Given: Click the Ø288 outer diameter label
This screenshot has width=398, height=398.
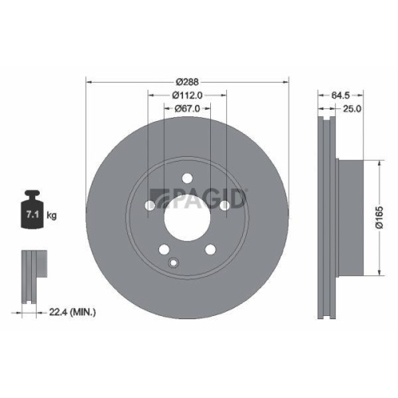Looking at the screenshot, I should coord(186,81).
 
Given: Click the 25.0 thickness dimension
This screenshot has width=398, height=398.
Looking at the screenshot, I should coord(353,108).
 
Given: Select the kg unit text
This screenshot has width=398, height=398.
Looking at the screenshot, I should coord(51,216).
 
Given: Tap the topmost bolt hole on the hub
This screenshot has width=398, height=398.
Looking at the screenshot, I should coord(187,178).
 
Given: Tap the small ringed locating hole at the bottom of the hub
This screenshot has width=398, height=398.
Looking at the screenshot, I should coord(174,261).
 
